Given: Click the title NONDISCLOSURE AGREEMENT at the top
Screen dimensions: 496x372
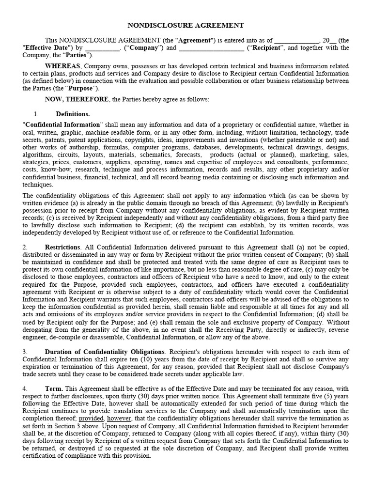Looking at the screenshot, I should click(x=186, y=25).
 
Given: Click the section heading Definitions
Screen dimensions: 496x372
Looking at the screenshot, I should click(x=73, y=114).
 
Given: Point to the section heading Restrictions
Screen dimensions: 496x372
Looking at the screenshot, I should click(x=62, y=248).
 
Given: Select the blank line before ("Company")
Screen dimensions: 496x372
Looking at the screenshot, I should click(x=102, y=48).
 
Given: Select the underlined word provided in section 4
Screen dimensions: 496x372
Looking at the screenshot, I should click(x=92, y=418).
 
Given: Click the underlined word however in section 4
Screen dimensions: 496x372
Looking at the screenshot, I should click(x=119, y=418).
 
